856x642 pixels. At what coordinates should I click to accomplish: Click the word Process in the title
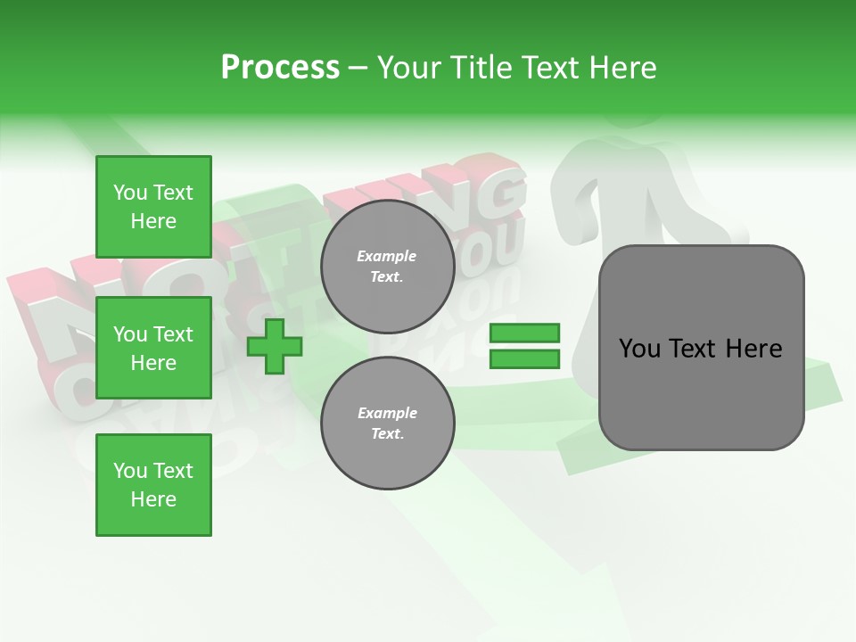click(280, 68)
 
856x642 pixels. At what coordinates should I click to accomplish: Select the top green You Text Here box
click(153, 207)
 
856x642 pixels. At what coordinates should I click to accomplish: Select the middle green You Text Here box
click(153, 348)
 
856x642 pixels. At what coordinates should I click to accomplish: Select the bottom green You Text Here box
click(153, 485)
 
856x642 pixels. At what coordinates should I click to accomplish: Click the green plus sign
click(274, 346)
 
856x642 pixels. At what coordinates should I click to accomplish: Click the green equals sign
click(524, 346)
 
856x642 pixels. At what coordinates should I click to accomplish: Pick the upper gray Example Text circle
click(387, 266)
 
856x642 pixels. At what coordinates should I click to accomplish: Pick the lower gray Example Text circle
click(387, 423)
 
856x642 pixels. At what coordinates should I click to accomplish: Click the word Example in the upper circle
click(387, 256)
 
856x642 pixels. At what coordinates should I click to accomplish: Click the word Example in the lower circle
click(387, 413)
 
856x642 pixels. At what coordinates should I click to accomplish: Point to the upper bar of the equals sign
click(524, 333)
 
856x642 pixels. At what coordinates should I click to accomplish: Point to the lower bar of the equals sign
click(524, 358)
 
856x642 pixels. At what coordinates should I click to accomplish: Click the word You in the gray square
click(639, 349)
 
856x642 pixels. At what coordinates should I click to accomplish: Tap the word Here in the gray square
click(753, 349)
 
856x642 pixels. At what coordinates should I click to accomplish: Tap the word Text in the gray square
click(694, 349)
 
